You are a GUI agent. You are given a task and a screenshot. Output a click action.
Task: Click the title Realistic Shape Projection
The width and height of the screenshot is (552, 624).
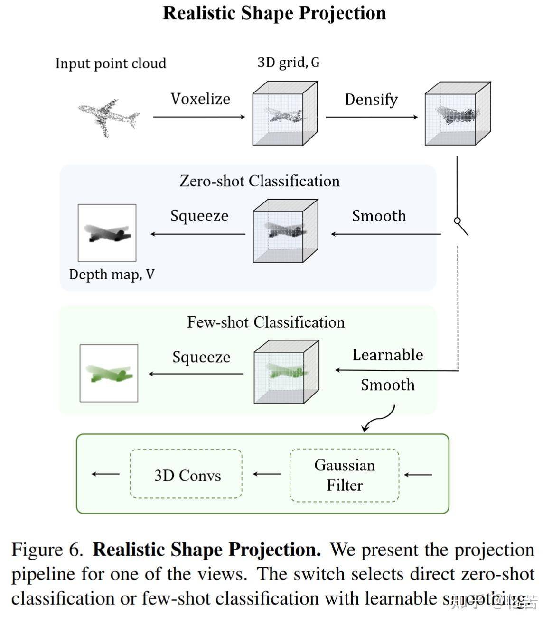click(274, 13)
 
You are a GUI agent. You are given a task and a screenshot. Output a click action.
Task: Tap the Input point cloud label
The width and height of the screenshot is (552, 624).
click(111, 64)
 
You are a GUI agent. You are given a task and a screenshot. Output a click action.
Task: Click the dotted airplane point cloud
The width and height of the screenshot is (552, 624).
click(109, 117)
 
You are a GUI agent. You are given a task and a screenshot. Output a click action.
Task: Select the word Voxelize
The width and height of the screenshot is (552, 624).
click(200, 99)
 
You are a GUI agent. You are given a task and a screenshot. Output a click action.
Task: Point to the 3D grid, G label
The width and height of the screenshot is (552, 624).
click(288, 62)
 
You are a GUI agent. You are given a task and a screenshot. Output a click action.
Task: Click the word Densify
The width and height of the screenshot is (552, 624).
click(371, 100)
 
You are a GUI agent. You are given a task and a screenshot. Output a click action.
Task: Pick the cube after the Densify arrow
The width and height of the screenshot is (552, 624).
click(458, 114)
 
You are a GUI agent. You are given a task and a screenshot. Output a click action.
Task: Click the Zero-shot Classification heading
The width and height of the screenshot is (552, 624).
click(260, 181)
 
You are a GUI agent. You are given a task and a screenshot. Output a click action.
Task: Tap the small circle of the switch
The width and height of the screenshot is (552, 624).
click(457, 220)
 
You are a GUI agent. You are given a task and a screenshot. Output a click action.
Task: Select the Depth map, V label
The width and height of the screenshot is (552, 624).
click(112, 275)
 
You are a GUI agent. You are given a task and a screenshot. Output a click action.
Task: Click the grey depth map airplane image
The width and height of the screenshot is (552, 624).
click(107, 233)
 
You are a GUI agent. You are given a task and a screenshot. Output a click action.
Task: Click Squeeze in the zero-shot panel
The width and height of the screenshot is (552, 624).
click(199, 216)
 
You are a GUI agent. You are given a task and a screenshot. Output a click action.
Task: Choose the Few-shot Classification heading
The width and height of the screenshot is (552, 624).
click(266, 322)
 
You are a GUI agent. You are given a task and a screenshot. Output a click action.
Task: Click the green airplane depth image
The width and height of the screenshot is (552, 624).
click(109, 374)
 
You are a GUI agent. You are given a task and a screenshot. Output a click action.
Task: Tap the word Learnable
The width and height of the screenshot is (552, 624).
click(387, 355)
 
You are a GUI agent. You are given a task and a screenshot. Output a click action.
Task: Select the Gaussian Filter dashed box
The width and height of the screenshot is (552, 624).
click(344, 475)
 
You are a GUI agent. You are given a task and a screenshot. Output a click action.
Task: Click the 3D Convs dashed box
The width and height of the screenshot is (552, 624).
click(187, 475)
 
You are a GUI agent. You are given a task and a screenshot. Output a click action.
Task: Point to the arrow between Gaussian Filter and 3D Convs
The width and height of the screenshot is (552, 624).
click(266, 474)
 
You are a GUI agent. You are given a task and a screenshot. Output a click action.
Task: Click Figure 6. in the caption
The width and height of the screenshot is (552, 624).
click(47, 550)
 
